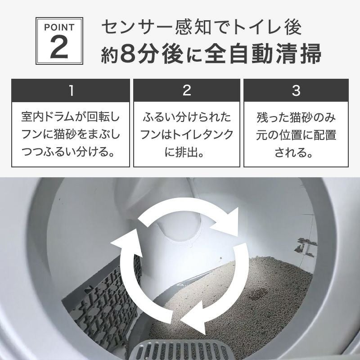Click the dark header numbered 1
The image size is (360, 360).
pyautogui.click(x=71, y=91)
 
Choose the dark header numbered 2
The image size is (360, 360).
pyautogui.click(x=187, y=91)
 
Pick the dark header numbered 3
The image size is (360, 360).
pyautogui.click(x=296, y=91)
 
